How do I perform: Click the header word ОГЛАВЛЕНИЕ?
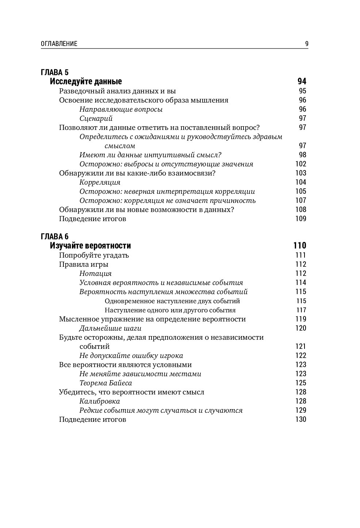click(x=59, y=44)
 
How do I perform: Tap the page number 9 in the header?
click(x=307, y=44)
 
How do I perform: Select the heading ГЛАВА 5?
click(x=54, y=72)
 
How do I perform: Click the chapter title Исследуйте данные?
click(x=86, y=81)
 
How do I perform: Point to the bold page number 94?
click(x=302, y=81)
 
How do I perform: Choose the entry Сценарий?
click(x=96, y=118)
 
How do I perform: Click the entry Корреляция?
click(x=100, y=182)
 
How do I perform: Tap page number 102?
click(x=300, y=164)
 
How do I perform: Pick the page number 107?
click(x=300, y=200)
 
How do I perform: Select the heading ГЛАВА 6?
click(x=54, y=236)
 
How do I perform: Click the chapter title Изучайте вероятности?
click(x=90, y=246)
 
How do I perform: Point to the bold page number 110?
click(x=299, y=246)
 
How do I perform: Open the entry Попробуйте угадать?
click(x=94, y=255)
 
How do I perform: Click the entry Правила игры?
click(x=84, y=264)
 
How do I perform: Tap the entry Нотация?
click(x=96, y=273)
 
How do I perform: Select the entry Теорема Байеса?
click(x=106, y=383)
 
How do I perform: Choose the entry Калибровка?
click(x=100, y=401)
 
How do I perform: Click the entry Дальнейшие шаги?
click(x=106, y=328)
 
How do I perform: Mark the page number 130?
click(x=300, y=419)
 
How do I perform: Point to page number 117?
click(x=301, y=310)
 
